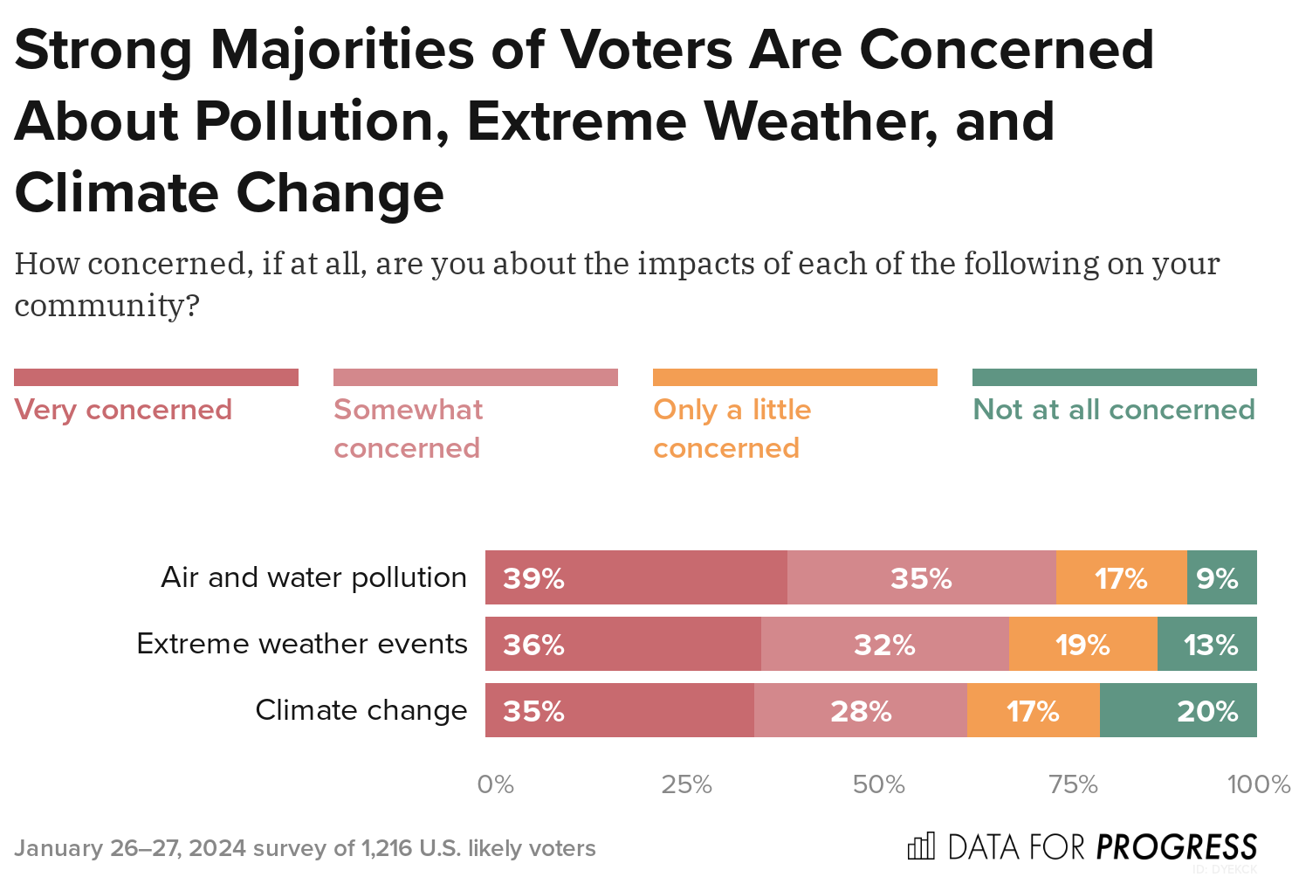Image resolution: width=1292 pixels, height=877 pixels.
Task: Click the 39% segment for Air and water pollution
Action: [636, 577]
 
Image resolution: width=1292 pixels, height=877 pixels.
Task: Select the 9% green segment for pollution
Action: [1221, 577]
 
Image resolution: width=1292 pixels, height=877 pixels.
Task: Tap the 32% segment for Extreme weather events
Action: [884, 644]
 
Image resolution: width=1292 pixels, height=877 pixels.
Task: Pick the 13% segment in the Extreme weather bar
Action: [1206, 644]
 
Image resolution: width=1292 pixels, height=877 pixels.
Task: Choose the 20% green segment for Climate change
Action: [1178, 710]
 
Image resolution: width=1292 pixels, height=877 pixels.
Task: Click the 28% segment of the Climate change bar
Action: [860, 710]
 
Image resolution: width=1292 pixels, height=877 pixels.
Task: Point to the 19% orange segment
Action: [1082, 644]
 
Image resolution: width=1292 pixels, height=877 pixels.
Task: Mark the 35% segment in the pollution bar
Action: [921, 577]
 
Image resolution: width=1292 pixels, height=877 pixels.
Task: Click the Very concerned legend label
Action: [123, 410]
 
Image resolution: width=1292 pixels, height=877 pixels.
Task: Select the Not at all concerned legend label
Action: [1114, 410]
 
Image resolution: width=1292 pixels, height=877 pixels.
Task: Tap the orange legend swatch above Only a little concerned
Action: [794, 377]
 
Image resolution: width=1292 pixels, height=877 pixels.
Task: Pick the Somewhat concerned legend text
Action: [408, 428]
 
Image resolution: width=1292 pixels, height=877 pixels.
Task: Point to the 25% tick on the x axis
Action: [686, 784]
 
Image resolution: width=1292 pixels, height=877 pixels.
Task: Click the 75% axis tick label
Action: [1073, 784]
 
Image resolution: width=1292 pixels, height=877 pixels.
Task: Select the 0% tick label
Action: [495, 784]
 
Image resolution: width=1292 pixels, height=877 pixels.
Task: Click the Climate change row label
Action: [361, 710]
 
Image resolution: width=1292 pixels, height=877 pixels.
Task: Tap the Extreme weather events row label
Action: [302, 644]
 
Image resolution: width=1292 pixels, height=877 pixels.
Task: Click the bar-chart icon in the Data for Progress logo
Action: [921, 846]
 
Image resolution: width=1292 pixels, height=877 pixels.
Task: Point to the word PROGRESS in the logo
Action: [1176, 846]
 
